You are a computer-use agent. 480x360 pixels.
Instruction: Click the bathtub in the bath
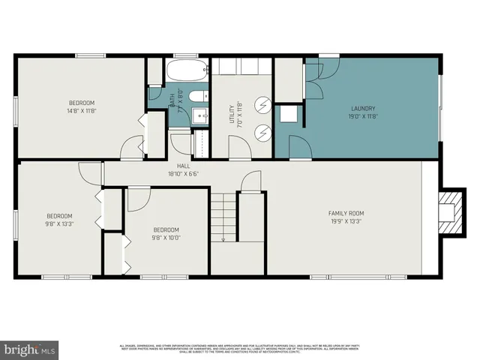(x=186, y=72)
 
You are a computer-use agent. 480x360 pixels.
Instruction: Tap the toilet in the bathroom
(x=198, y=96)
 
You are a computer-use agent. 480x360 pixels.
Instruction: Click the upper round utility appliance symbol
(x=263, y=104)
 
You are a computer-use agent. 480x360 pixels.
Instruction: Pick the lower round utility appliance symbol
(x=263, y=132)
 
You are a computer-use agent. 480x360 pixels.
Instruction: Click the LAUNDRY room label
(x=361, y=109)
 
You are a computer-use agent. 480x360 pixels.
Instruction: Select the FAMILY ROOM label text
(x=346, y=213)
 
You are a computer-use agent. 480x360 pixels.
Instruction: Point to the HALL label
(x=182, y=166)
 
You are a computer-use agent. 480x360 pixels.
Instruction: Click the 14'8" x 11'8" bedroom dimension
(x=82, y=110)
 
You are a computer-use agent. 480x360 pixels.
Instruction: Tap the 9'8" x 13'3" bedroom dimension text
(x=60, y=223)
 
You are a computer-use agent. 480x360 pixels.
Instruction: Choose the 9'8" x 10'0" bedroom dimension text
(x=166, y=238)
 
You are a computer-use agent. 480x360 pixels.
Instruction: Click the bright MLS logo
(x=30, y=349)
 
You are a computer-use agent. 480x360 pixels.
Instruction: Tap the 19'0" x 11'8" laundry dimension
(x=361, y=116)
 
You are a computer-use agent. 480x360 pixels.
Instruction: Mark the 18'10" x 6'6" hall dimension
(x=182, y=173)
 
